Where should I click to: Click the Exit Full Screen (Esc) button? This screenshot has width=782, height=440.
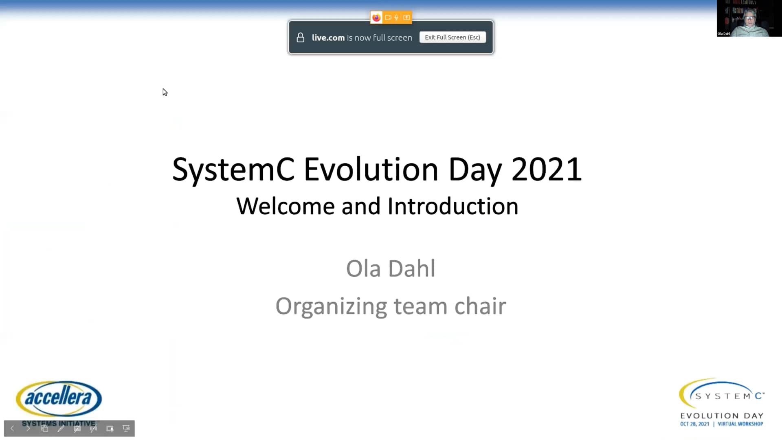[453, 37]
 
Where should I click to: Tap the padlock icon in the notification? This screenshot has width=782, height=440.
[301, 37]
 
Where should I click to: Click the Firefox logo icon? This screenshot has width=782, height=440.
[376, 18]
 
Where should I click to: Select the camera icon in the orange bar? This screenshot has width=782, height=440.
[388, 18]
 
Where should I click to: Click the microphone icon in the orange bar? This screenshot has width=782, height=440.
[396, 18]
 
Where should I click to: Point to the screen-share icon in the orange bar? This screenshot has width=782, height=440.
[406, 18]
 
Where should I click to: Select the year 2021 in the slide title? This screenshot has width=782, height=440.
[547, 169]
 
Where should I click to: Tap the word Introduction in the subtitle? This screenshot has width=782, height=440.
[453, 206]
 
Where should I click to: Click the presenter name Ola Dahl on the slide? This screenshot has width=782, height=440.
[391, 268]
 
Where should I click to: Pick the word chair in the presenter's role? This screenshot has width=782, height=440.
[480, 306]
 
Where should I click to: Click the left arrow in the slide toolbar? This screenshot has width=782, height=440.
[12, 428]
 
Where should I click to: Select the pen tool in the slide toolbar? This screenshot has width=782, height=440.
[61, 428]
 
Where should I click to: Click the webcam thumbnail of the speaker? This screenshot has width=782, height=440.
[749, 18]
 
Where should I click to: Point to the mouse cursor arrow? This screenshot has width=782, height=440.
[165, 92]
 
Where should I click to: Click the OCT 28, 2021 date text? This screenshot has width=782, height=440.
[694, 424]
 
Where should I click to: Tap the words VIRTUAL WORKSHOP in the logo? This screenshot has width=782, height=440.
[740, 424]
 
